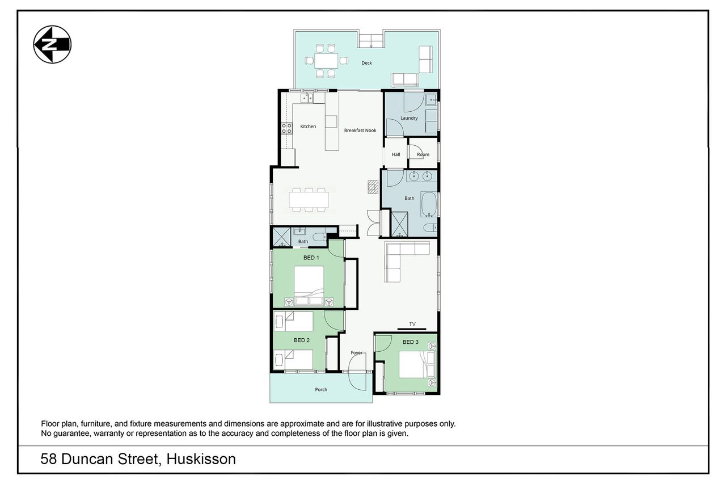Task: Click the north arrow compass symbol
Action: click(52, 44)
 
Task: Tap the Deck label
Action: click(366, 63)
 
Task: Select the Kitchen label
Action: click(308, 127)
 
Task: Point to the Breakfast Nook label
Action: click(360, 131)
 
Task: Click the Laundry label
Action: click(409, 118)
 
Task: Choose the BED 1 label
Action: click(311, 258)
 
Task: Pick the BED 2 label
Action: click(301, 340)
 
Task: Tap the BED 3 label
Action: click(410, 342)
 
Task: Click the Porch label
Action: click(321, 389)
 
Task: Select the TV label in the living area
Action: click(412, 324)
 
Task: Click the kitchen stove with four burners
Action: click(286, 128)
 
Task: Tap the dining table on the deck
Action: click(326, 61)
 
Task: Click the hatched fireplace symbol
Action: click(373, 187)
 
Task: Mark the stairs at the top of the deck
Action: click(371, 41)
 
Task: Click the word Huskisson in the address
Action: click(201, 459)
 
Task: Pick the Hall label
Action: click(396, 155)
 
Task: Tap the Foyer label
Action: click(356, 353)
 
